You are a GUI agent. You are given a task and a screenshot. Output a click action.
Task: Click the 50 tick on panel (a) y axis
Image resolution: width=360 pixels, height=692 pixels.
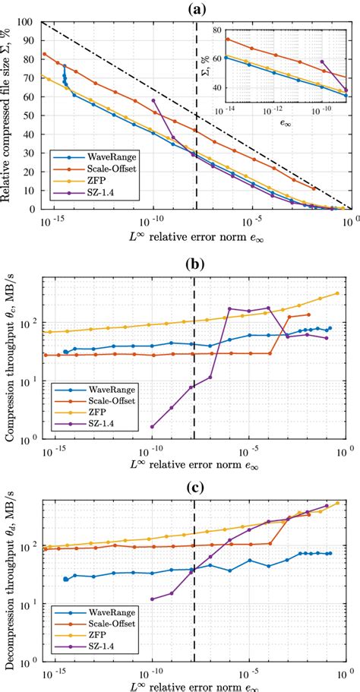tap(33, 115)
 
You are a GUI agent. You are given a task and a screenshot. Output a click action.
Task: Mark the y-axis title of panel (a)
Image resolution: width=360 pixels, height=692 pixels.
tap(9, 115)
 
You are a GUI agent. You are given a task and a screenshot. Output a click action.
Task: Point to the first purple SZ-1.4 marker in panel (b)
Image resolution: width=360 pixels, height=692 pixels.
tap(153, 426)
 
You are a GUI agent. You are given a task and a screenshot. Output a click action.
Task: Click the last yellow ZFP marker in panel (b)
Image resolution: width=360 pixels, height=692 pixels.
tap(337, 293)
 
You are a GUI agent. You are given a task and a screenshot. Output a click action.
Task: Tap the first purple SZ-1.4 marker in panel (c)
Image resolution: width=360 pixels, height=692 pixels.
tap(153, 599)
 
